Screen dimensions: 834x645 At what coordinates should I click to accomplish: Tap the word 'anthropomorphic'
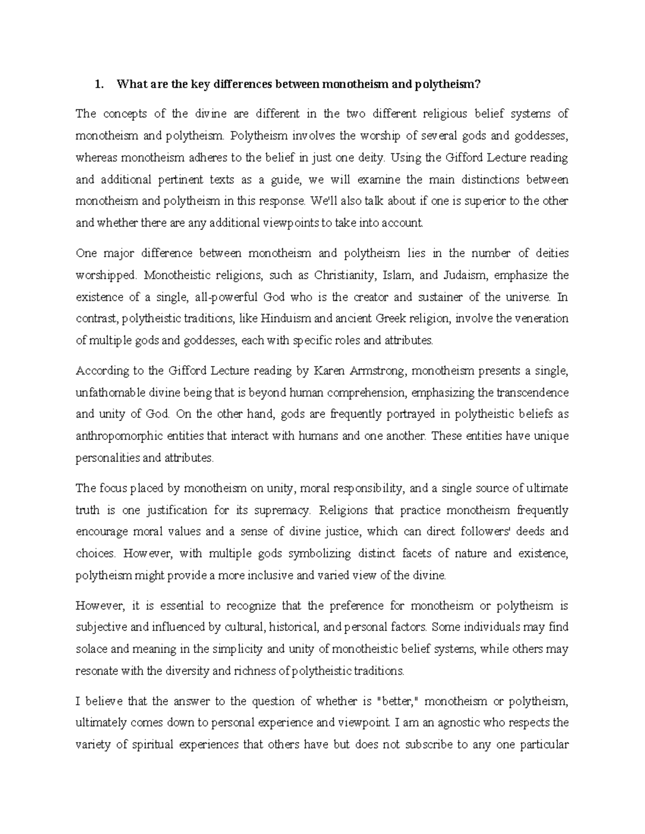113,436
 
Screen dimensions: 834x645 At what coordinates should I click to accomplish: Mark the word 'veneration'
542,318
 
